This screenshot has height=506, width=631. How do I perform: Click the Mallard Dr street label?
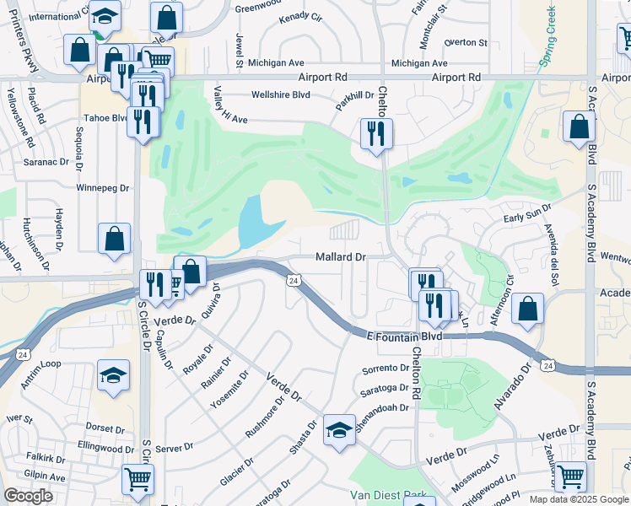[341, 256]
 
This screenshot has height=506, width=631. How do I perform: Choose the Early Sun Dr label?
[527, 212]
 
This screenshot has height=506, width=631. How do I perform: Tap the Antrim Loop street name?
[40, 387]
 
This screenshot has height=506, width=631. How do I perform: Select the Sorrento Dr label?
[385, 369]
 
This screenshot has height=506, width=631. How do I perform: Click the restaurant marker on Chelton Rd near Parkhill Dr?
[375, 133]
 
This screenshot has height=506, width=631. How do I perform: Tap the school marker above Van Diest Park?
[339, 431]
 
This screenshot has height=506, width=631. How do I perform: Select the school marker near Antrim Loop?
[113, 374]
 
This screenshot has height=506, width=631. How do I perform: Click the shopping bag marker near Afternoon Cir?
[527, 309]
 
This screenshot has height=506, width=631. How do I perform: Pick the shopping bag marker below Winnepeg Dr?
[114, 238]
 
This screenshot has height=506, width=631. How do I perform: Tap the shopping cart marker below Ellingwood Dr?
[138, 478]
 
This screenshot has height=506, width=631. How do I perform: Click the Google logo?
[28, 496]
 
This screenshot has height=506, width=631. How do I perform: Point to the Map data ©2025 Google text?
[579, 499]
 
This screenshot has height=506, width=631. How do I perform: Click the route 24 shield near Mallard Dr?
[293, 280]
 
